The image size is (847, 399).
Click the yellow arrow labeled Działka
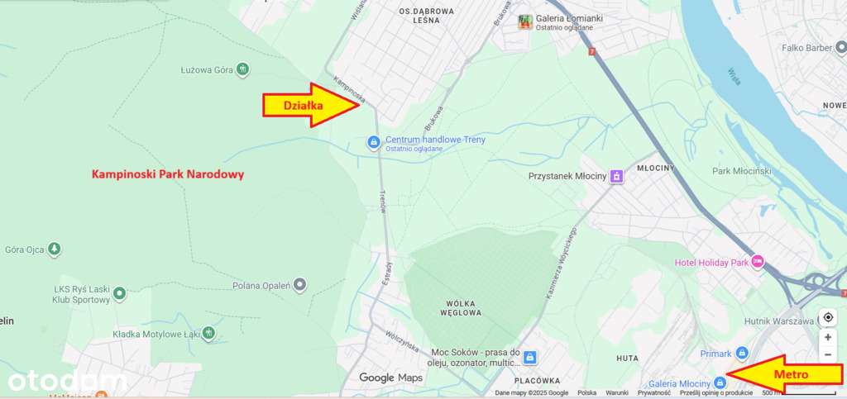tap(311, 105)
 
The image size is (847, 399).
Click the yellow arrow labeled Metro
tap(782, 374)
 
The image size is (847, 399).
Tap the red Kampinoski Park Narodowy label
tap(168, 175)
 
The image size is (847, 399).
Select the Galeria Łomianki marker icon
tap(524, 22)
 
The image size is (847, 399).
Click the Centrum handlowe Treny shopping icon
tap(374, 143)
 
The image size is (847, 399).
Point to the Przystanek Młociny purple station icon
tap(615, 176)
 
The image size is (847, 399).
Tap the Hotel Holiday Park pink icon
tap(756, 263)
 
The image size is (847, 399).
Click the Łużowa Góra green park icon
tap(242, 69)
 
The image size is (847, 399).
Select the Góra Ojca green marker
tap(55, 248)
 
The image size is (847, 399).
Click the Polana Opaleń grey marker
tap(300, 285)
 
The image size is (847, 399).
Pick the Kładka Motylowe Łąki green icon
tap(209, 333)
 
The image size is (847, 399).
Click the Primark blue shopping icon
tap(742, 353)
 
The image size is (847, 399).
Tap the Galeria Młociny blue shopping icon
tap(720, 382)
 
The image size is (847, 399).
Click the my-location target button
tap(828, 317)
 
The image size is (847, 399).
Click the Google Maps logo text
tap(390, 378)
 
